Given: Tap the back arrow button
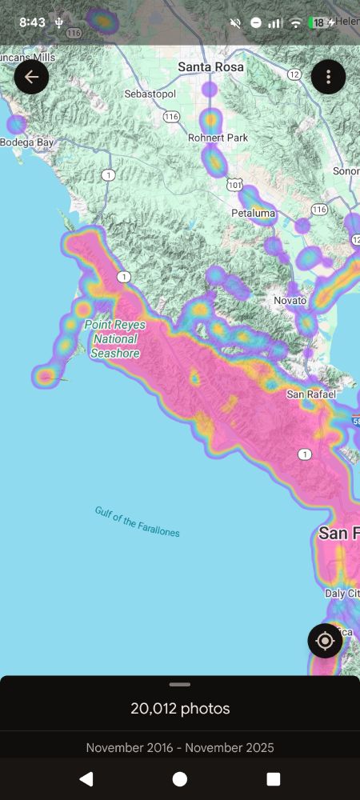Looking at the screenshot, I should click(32, 77).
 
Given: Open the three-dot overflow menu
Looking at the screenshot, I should click(328, 77).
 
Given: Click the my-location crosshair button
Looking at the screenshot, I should click(325, 641).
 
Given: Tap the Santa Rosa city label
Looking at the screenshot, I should click(210, 67).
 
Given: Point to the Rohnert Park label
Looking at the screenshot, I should click(218, 138).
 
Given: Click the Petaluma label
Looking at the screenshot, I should click(253, 214).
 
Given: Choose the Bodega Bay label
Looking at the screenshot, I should click(26, 142).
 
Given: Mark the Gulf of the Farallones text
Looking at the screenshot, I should click(137, 522).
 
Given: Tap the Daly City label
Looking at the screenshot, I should click(342, 594).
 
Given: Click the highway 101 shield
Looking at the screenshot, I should click(234, 185).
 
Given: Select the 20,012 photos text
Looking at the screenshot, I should click(180, 709).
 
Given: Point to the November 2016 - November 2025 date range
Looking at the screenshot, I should click(180, 748).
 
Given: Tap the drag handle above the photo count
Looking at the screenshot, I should click(180, 685).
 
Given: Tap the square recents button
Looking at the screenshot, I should click(274, 779).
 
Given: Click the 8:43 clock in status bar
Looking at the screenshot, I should click(32, 22).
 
